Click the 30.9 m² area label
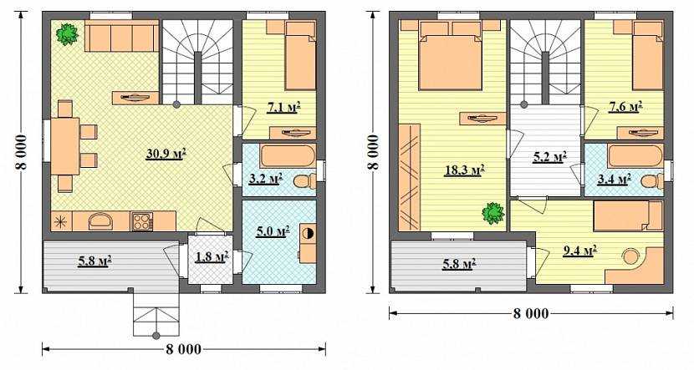tap(166, 154)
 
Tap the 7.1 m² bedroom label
tap(283, 107)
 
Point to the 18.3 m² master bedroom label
tap(463, 170)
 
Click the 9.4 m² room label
tap(579, 251)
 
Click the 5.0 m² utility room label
tap(273, 231)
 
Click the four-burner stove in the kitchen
tap(141, 221)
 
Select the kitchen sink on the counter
tap(102, 221)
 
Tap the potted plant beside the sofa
tap(67, 34)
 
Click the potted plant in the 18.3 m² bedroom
tap(493, 213)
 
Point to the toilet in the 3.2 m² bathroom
tap(304, 181)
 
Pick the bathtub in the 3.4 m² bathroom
tap(635, 155)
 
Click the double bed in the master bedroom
tap(451, 55)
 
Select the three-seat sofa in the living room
tap(122, 36)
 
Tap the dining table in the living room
tap(65, 146)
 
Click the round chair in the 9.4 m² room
tap(630, 256)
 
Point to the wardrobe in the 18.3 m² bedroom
tap(410, 177)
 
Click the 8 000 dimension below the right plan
tap(531, 314)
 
